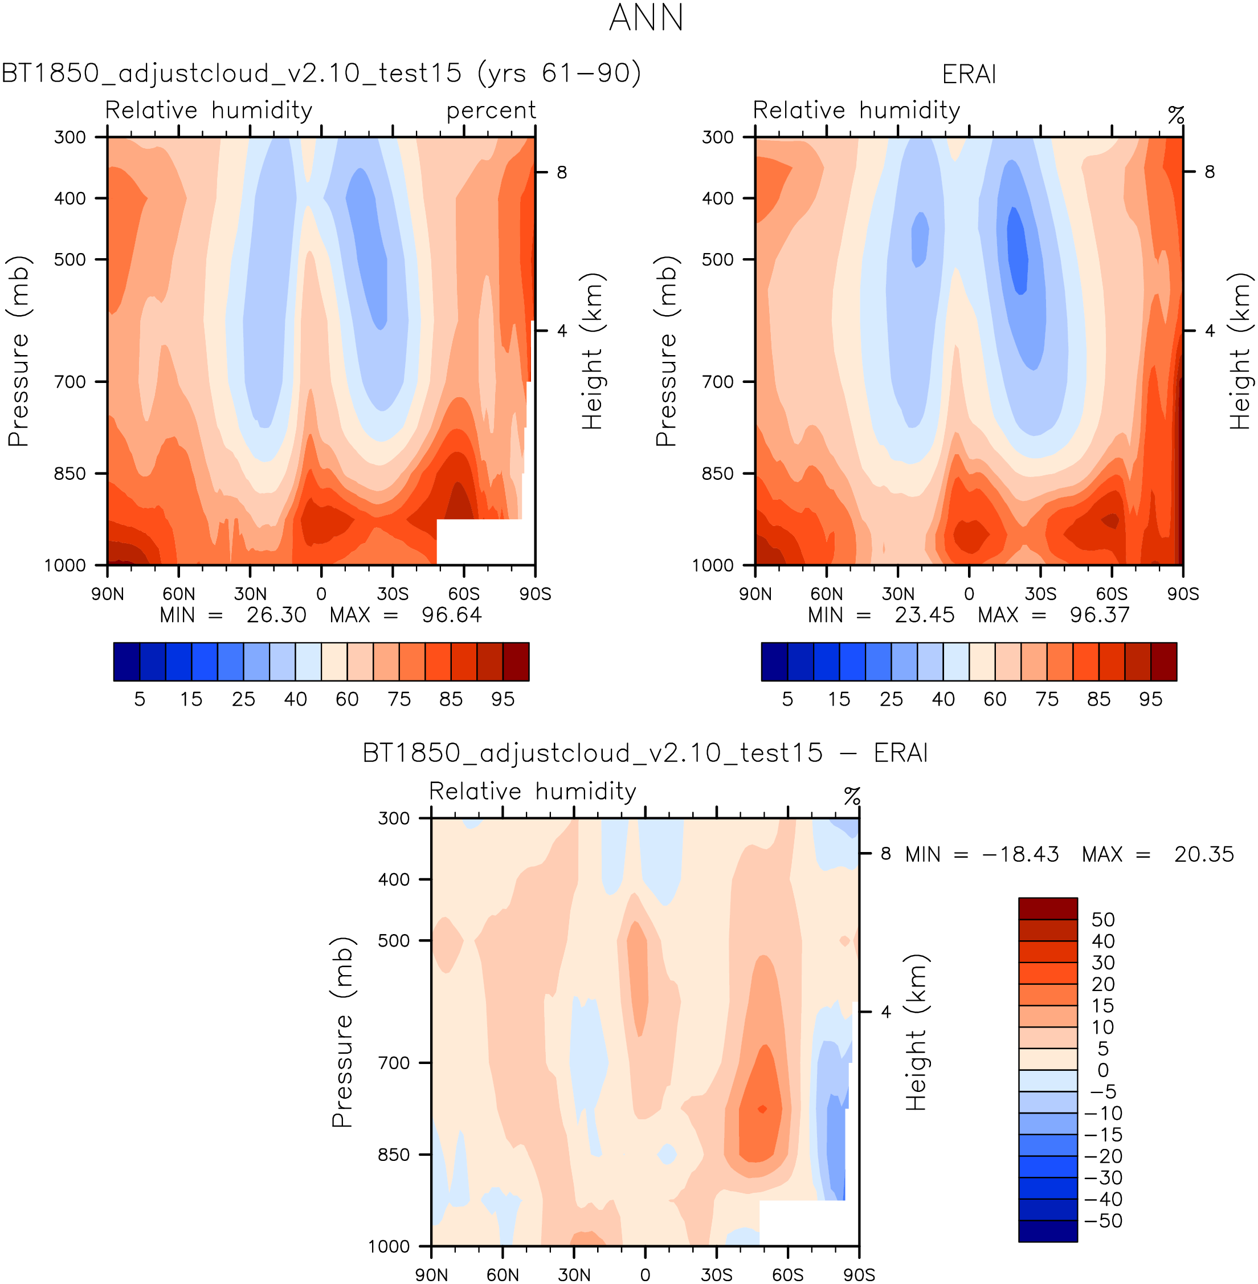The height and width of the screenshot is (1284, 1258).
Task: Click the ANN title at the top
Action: (646, 18)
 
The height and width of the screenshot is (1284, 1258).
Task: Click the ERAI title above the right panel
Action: (969, 74)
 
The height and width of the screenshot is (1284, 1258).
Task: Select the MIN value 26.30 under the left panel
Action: (276, 615)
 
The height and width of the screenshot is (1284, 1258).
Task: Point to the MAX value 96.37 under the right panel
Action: (1100, 615)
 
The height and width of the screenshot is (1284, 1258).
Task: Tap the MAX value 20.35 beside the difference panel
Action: (1203, 854)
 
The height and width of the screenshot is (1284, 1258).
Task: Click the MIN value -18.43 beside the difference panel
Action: (1020, 854)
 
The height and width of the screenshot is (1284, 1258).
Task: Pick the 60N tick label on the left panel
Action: (178, 593)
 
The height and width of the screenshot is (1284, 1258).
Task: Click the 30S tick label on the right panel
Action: (1040, 593)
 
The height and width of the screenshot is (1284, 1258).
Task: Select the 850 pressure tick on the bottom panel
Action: (394, 1155)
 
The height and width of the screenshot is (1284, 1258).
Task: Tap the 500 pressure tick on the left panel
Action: (70, 259)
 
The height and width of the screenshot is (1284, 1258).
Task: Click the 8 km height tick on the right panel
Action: (1209, 172)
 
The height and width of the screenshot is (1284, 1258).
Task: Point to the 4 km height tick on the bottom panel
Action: (885, 1012)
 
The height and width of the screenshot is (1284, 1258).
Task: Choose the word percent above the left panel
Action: (491, 111)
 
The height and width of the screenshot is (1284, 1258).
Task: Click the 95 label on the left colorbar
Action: (503, 699)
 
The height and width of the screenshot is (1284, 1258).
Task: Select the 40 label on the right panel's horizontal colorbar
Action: (943, 699)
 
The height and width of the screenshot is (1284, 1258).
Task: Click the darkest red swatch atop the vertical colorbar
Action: (1047, 908)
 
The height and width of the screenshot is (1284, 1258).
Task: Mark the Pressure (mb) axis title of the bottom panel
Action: (342, 1032)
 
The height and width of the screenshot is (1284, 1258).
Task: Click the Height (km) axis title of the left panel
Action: (593, 351)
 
